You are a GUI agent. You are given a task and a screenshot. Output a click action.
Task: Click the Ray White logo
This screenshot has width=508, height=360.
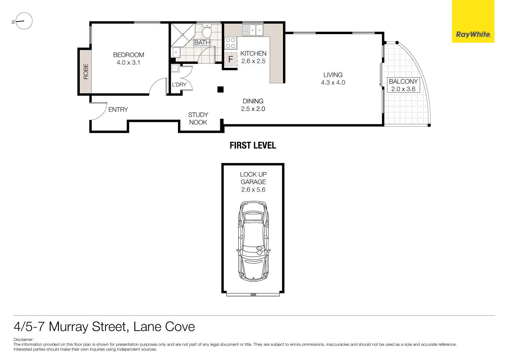click(x=473, y=34)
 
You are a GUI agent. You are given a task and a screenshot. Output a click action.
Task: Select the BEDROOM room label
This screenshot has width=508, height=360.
click(x=129, y=55)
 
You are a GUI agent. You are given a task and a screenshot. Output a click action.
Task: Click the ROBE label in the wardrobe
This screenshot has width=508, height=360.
click(x=86, y=71)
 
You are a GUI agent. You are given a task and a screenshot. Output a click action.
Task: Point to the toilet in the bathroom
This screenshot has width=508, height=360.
click(x=207, y=32)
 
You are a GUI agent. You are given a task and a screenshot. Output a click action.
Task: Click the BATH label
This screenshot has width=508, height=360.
click(x=202, y=43)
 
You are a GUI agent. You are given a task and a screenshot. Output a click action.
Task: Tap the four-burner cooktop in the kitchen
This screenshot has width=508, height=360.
click(x=230, y=43)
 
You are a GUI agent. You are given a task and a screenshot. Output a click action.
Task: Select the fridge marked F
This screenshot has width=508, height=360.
click(x=230, y=59)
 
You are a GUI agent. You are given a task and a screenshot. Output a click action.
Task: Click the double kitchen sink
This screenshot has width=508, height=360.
click(x=253, y=30)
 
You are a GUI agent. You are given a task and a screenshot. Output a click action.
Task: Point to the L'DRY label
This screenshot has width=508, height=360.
click(x=179, y=85)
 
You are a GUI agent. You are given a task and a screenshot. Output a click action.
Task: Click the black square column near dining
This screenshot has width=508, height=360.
click(x=220, y=89)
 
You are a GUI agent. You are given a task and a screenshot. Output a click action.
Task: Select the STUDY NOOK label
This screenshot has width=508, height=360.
click(x=198, y=119)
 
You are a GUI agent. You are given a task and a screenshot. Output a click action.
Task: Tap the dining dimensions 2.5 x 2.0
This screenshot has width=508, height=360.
click(x=253, y=109)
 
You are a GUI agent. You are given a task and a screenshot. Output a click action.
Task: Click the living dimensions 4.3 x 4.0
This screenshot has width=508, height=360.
click(x=333, y=83)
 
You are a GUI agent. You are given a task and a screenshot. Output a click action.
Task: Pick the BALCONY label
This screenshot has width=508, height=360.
click(x=403, y=82)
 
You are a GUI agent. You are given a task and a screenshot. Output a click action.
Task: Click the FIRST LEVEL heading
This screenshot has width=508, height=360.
click(x=253, y=145)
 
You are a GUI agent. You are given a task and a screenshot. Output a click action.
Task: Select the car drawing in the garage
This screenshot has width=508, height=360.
click(x=253, y=241)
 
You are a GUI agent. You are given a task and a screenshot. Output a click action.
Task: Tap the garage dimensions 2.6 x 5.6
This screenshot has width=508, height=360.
click(x=253, y=190)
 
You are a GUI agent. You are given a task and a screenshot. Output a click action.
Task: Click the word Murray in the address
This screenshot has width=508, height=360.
click(x=69, y=327)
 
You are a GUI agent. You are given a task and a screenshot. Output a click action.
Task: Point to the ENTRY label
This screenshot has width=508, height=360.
click(x=118, y=110)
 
